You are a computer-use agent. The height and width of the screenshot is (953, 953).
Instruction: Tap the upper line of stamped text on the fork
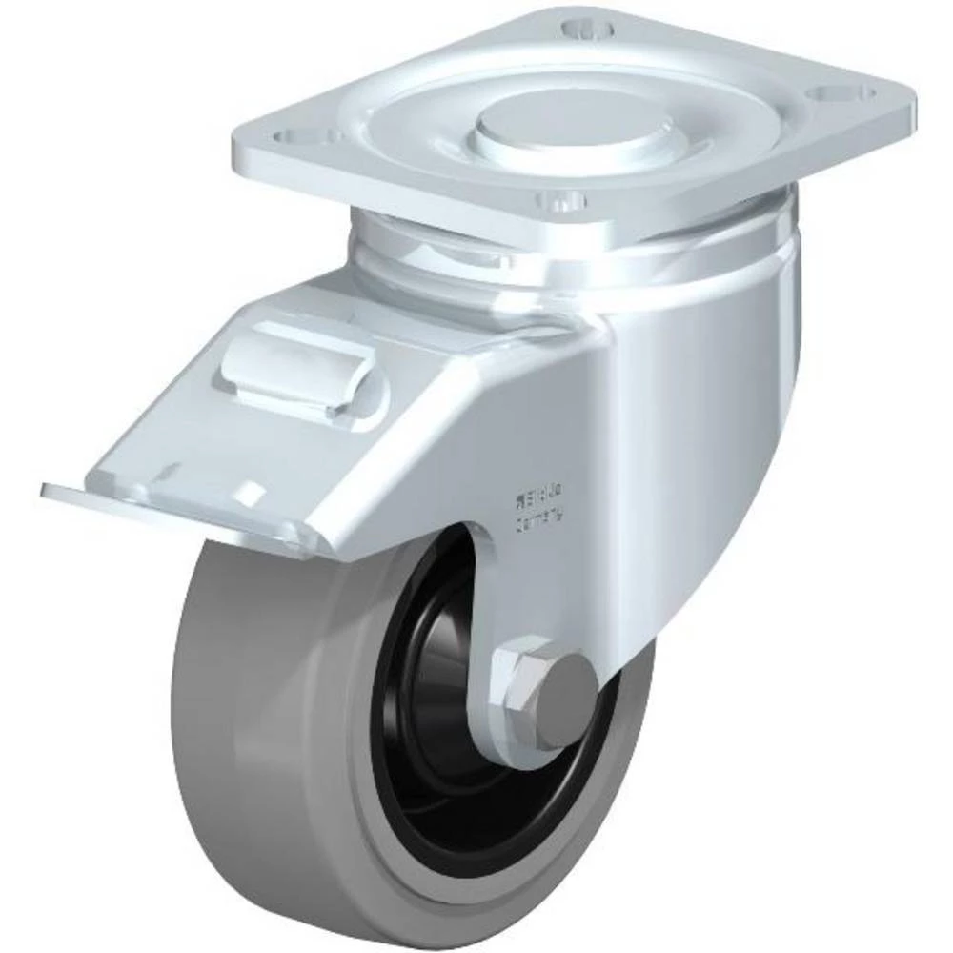coord(538,496)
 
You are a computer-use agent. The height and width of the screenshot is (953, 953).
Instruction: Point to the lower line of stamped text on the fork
coord(541,514)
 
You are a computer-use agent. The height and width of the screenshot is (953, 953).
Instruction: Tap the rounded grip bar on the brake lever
coord(295,366)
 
